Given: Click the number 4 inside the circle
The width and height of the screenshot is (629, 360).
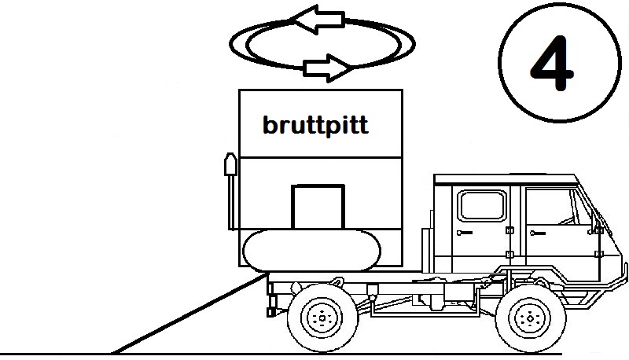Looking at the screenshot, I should [x=555, y=64].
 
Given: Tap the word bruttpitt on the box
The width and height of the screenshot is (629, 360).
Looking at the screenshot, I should [x=314, y=126].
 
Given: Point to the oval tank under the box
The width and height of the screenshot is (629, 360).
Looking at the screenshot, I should [x=312, y=251].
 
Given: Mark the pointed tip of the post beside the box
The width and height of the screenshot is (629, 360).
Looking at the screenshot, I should [x=230, y=158].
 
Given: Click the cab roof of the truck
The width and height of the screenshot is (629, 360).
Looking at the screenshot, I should [x=503, y=178].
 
